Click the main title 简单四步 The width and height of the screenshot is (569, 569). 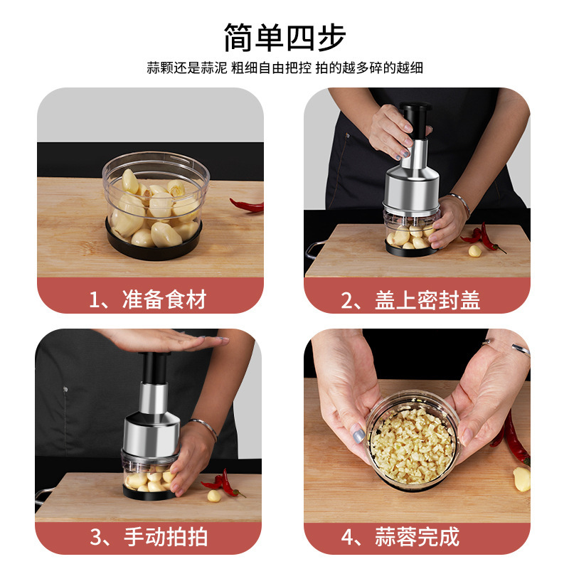point(284,37)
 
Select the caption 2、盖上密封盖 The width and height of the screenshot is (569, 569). point(410,299)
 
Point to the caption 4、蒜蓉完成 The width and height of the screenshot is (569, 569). point(410,537)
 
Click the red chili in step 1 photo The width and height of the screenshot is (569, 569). point(248,206)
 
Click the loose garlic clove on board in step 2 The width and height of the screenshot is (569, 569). point(475,250)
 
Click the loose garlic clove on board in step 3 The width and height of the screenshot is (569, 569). point(214,495)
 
